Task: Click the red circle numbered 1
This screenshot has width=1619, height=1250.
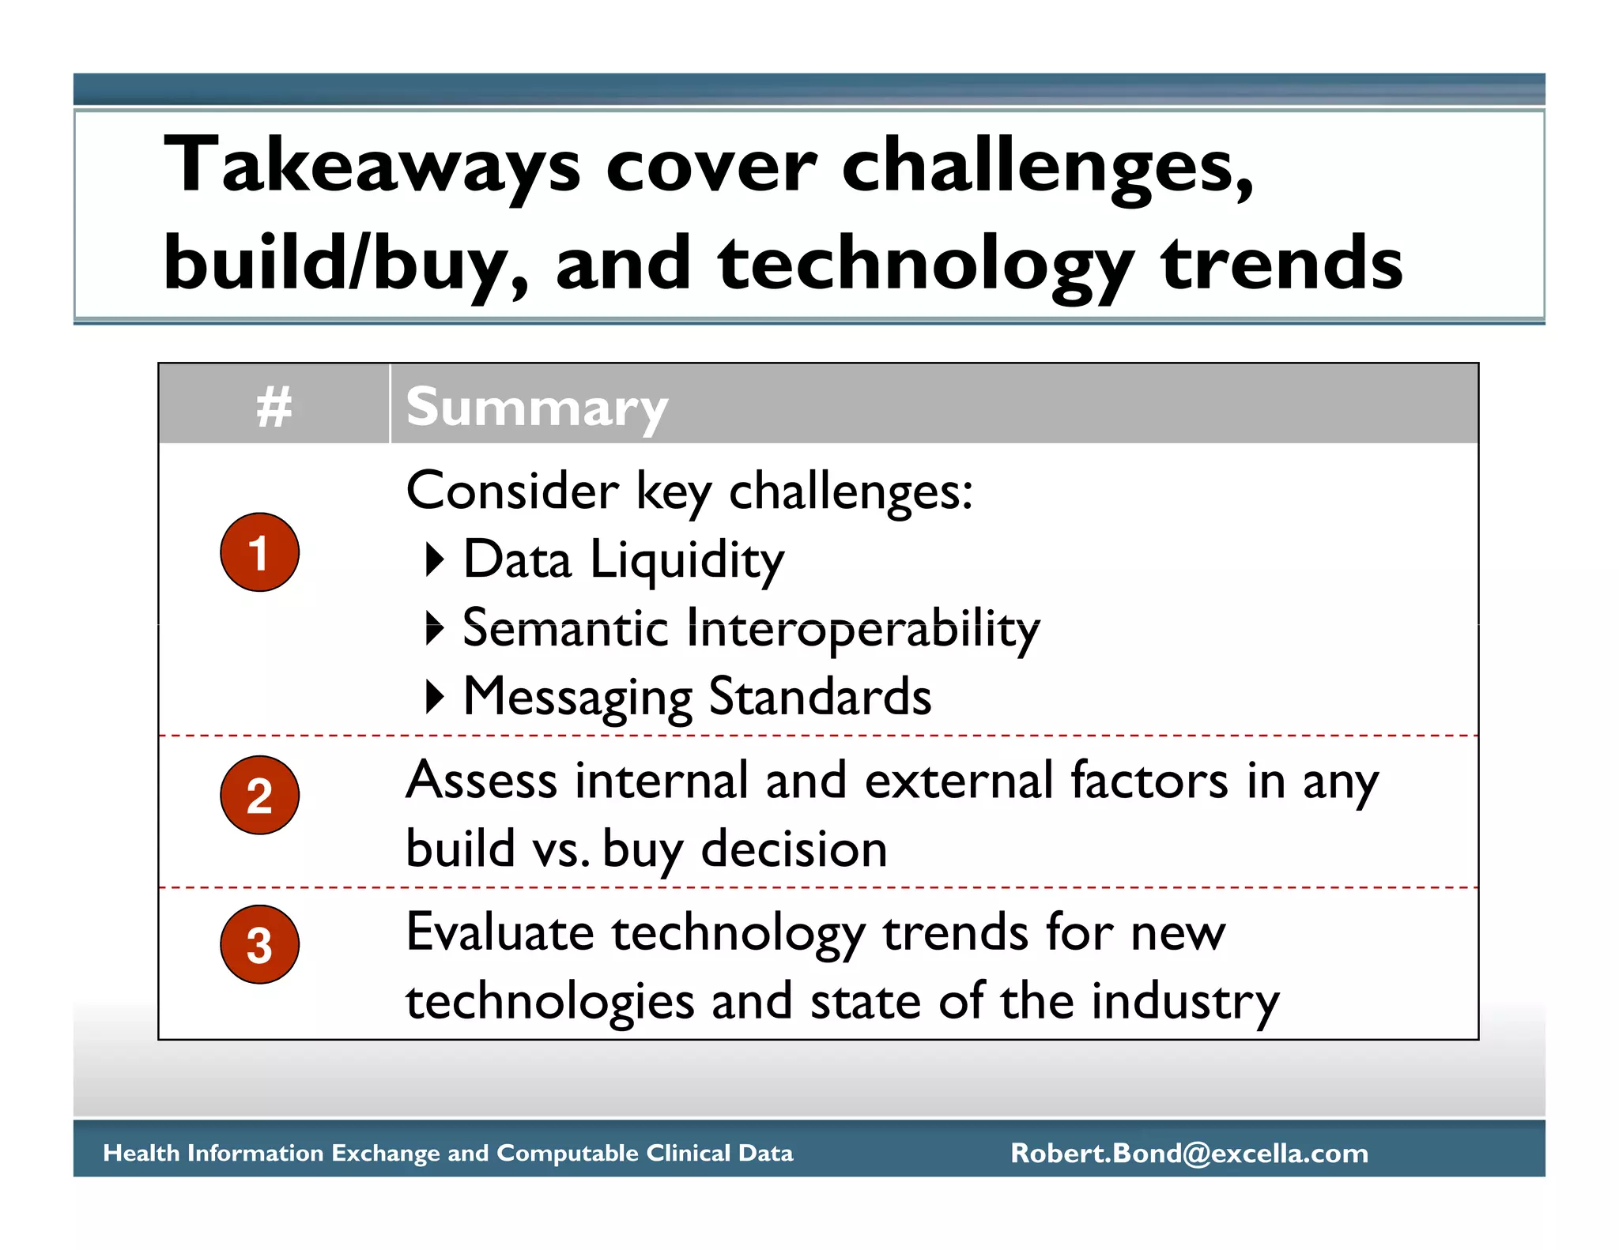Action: point(259,552)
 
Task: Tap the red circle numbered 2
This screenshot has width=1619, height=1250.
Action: point(259,795)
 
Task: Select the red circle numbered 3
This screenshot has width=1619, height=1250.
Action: point(259,944)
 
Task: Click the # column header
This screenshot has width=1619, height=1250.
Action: point(274,407)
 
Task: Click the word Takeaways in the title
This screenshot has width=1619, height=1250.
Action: point(372,166)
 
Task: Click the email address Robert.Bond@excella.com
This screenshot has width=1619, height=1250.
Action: point(1189,1153)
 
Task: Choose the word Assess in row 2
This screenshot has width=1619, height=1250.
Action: point(481,781)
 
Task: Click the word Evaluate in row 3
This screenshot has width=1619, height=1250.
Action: point(500,932)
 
